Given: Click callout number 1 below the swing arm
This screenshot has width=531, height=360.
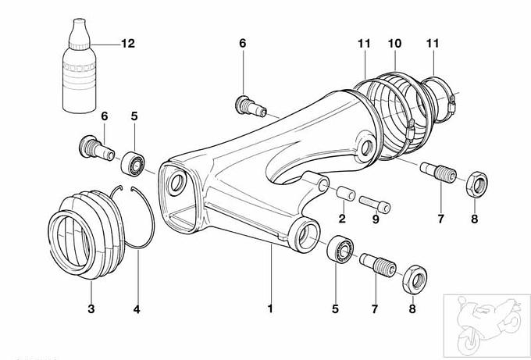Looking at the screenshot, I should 270,309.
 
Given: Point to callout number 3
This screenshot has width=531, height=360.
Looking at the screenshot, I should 91,309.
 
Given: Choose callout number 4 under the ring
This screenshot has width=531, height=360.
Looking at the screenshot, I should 137,309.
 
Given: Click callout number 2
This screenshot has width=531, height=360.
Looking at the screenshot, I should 341,219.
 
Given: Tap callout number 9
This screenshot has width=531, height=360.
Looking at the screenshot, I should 376,219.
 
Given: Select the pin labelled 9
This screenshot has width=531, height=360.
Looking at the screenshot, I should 376,201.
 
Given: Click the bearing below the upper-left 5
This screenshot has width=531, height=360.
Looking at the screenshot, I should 133,162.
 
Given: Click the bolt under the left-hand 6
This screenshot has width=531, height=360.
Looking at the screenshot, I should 97,147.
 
